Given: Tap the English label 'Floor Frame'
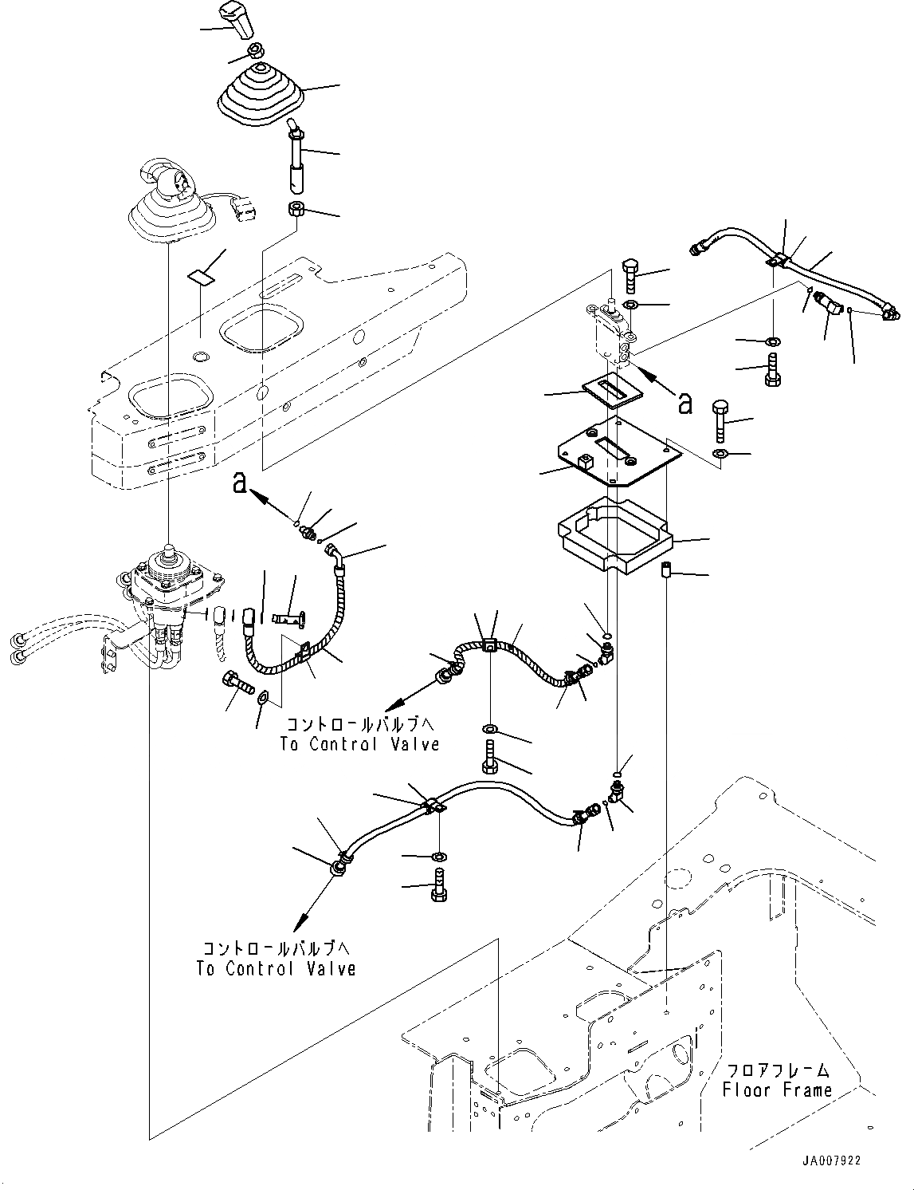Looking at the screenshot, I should pos(778,1090).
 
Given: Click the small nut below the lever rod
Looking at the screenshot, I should pos(296,211).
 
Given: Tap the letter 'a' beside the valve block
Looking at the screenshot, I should pos(684,403).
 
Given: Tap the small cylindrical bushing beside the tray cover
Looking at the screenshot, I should pos(669,572).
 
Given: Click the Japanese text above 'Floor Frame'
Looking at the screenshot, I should pos(777,1070).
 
